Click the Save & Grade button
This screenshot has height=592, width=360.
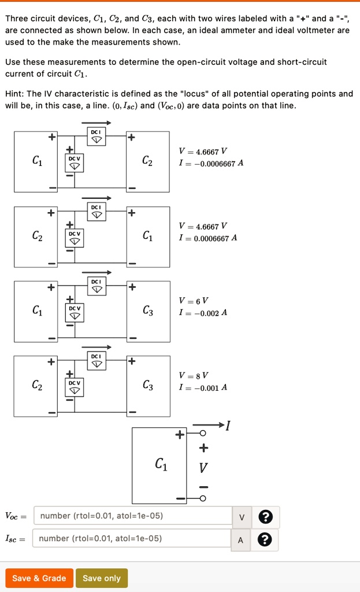click(x=39, y=578)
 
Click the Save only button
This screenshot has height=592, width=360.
click(x=102, y=578)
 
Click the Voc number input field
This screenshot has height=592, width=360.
click(x=133, y=516)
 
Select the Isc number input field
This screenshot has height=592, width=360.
click(x=133, y=539)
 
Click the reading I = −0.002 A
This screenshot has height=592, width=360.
click(x=203, y=313)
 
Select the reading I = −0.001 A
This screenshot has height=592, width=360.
click(x=203, y=387)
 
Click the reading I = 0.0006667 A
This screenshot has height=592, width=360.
click(x=208, y=238)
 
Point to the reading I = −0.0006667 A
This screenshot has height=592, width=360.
click(x=211, y=163)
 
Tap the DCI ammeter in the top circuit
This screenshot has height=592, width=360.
click(x=96, y=137)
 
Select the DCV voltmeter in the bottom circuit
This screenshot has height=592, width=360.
click(x=74, y=386)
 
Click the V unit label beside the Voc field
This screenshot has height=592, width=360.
click(x=242, y=516)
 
